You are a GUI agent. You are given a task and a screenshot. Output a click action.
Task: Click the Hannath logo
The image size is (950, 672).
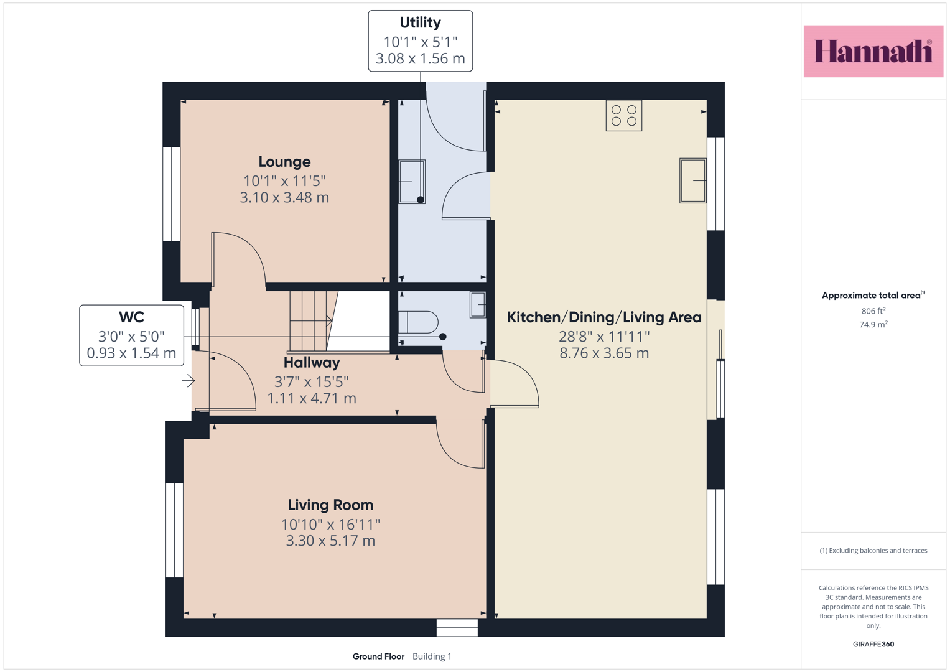(873, 51)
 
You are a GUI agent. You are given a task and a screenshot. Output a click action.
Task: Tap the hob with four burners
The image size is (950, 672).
(623, 115)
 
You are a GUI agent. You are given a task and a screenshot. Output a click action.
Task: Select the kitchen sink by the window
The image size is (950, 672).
(692, 180)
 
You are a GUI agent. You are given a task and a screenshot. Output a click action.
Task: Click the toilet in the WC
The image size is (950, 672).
(417, 322)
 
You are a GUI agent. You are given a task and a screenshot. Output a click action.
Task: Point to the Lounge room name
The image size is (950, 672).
(284, 162)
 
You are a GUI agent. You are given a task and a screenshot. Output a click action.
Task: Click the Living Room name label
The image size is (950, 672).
(330, 505)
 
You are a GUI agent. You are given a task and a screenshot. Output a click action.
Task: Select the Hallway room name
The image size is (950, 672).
(312, 363)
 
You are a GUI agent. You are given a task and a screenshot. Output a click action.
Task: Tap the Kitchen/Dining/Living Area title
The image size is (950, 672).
(604, 317)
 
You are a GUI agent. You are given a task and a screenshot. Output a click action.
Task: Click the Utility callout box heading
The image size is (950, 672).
(421, 22)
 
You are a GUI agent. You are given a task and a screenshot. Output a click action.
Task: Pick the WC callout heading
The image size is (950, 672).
(131, 317)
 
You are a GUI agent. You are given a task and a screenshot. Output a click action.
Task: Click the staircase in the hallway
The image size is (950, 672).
(314, 321)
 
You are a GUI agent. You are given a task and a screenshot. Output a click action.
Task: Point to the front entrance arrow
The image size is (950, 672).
(189, 381)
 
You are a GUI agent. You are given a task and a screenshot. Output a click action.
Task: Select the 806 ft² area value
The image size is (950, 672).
(873, 310)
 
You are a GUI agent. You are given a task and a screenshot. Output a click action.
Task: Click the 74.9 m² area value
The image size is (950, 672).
(873, 324)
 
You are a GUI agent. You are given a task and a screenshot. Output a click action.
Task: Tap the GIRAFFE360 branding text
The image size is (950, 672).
(873, 644)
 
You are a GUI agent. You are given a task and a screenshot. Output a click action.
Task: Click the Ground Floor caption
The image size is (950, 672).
(378, 656)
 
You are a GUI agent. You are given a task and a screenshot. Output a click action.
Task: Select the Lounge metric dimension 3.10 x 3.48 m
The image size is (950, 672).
(284, 197)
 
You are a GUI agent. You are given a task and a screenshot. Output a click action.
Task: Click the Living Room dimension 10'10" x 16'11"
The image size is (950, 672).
(330, 525)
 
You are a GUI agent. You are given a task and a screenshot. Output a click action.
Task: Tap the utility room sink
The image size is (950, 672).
(412, 182)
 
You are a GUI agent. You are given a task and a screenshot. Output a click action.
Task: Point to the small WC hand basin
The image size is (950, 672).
(478, 305)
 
